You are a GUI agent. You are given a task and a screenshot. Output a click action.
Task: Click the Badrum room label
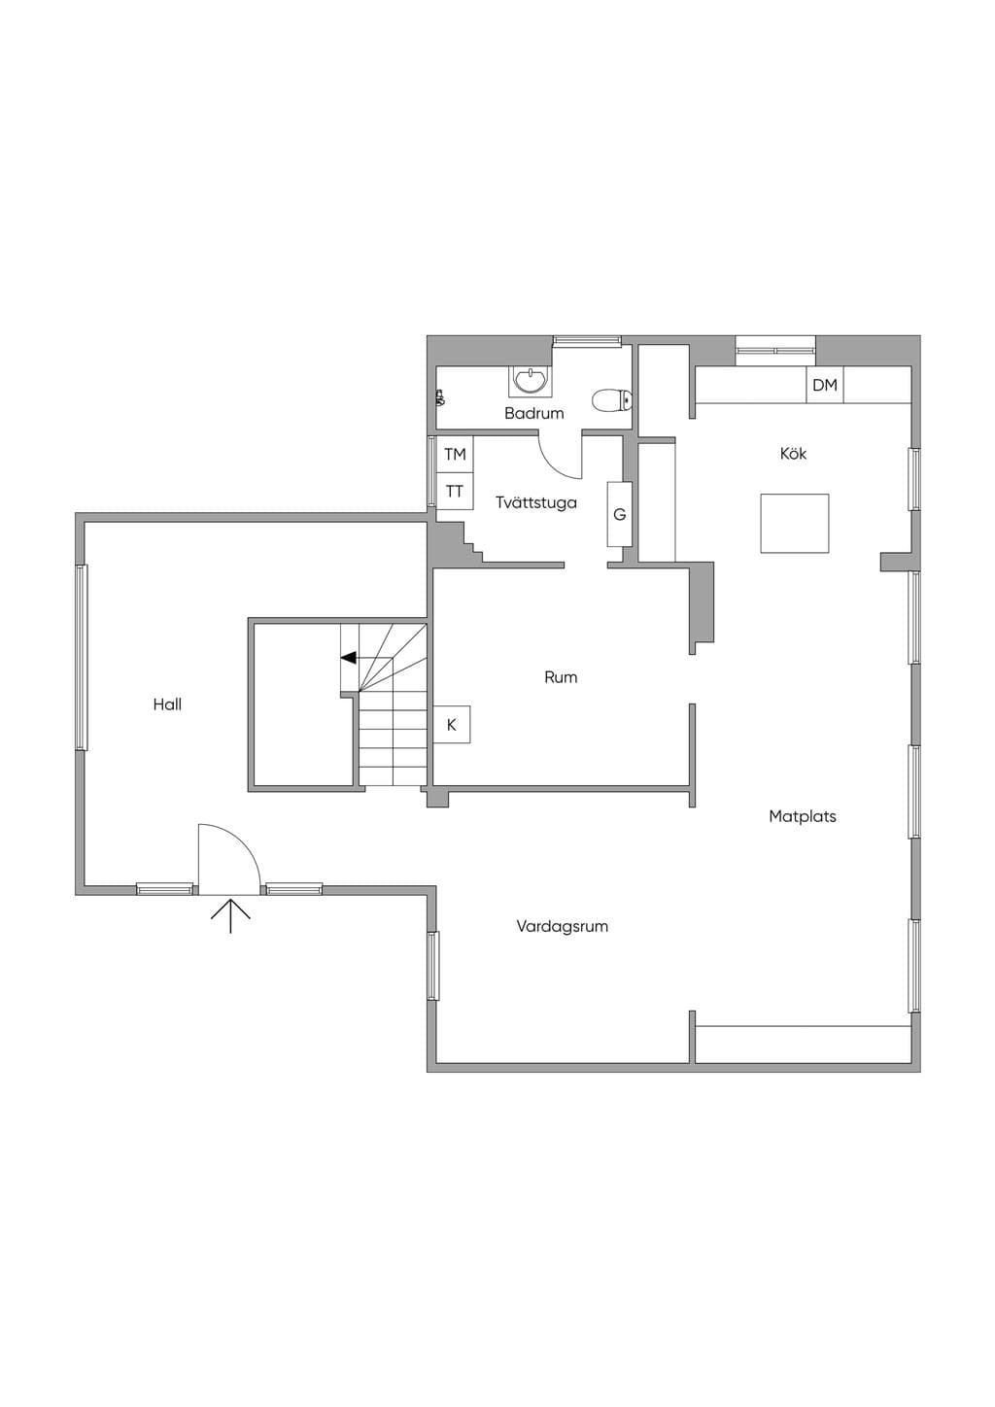533,413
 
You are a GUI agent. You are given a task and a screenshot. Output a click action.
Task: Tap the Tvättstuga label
535,503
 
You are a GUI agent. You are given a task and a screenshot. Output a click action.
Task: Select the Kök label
793,453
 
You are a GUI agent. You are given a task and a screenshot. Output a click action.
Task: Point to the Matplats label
803,816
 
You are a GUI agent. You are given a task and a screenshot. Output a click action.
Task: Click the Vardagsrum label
563,926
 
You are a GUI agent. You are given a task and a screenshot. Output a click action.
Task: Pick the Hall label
167,704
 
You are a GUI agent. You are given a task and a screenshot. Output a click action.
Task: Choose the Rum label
561,677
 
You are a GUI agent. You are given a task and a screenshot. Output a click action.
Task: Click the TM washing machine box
455,454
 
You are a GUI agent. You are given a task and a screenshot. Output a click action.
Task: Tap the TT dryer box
455,491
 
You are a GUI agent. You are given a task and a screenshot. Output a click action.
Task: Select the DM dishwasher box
825,385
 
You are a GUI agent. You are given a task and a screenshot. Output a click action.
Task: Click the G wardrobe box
619,514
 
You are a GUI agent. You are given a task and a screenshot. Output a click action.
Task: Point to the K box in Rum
452,725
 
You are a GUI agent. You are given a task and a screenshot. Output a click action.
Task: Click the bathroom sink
531,381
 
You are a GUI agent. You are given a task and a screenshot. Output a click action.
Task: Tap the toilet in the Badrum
612,399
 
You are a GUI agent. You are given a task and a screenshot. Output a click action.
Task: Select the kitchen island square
795,523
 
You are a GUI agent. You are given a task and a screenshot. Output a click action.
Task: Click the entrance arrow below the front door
230,915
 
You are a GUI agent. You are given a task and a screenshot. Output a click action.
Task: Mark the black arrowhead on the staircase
349,658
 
